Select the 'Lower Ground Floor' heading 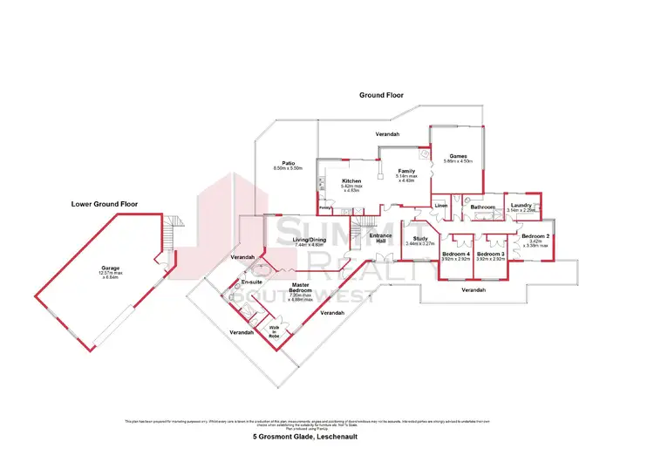point(105,204)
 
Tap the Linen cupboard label point(440,206)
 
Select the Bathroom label point(482,207)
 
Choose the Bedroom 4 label point(456,255)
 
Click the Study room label point(419,240)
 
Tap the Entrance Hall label point(380,239)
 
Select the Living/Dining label point(309,241)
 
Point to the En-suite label point(253,283)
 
